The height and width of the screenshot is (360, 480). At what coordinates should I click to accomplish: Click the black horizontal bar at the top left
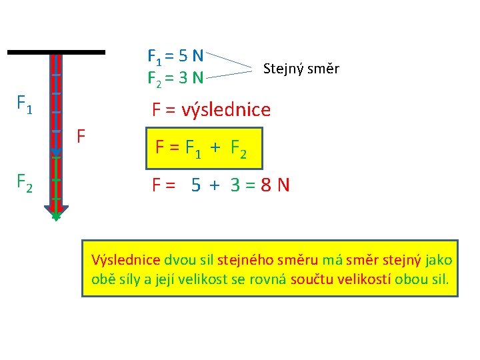pos(57,51)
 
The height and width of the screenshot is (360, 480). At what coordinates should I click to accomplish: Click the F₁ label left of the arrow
pos(25,105)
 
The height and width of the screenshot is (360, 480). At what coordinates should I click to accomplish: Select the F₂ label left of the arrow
pos(25,181)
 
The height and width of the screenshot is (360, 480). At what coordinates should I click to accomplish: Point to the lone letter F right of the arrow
pos(81,137)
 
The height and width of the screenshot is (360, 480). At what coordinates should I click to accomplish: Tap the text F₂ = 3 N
pos(175,79)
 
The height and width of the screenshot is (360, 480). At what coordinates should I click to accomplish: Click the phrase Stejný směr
pos(301,68)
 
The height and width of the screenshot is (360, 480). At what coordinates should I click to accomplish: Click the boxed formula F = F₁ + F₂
pos(201,148)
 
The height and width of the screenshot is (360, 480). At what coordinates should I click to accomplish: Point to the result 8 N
pos(275,185)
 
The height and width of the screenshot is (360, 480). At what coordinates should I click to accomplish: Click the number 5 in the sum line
pos(196,185)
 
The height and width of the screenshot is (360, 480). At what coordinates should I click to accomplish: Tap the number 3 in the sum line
pos(235,185)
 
